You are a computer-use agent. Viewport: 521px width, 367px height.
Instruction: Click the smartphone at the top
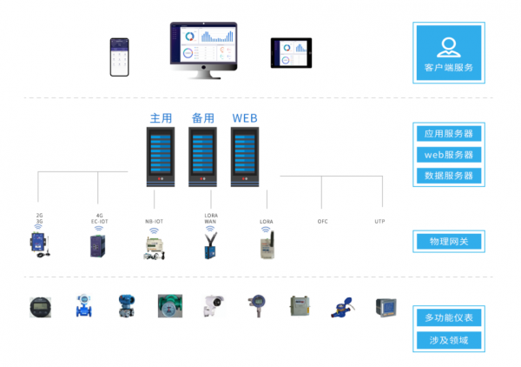pyautogui.click(x=118, y=56)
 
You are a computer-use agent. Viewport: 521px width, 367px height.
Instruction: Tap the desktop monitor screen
pyautogui.click(x=205, y=45)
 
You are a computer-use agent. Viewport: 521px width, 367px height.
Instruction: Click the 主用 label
pyautogui.click(x=161, y=117)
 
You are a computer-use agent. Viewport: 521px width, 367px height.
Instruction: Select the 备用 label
pyautogui.click(x=202, y=117)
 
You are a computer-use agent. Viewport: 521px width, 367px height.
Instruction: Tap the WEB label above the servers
pyautogui.click(x=245, y=117)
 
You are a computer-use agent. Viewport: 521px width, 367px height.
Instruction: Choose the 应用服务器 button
pyautogui.click(x=448, y=134)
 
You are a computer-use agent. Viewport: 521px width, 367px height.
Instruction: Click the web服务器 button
pyautogui.click(x=448, y=155)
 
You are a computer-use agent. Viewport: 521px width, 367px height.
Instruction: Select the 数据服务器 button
pyautogui.click(x=448, y=176)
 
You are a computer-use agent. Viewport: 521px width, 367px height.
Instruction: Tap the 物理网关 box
pyautogui.click(x=448, y=241)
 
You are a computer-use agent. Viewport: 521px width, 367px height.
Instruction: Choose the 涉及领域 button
pyautogui.click(x=448, y=340)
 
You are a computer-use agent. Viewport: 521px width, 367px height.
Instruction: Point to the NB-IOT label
pyautogui.click(x=154, y=222)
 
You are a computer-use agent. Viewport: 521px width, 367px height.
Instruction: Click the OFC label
pyautogui.click(x=322, y=222)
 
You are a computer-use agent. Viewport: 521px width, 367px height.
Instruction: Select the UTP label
pyautogui.click(x=379, y=222)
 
